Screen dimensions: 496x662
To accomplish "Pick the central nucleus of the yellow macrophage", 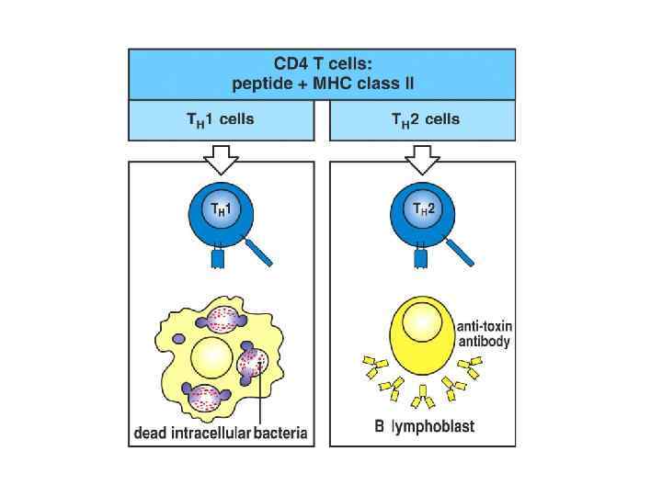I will pos(211,355).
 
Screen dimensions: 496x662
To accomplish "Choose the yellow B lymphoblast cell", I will pos(424,336).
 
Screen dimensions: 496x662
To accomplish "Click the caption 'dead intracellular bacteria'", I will pos(221,430).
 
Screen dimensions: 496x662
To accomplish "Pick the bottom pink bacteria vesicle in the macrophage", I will pos(206,398).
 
